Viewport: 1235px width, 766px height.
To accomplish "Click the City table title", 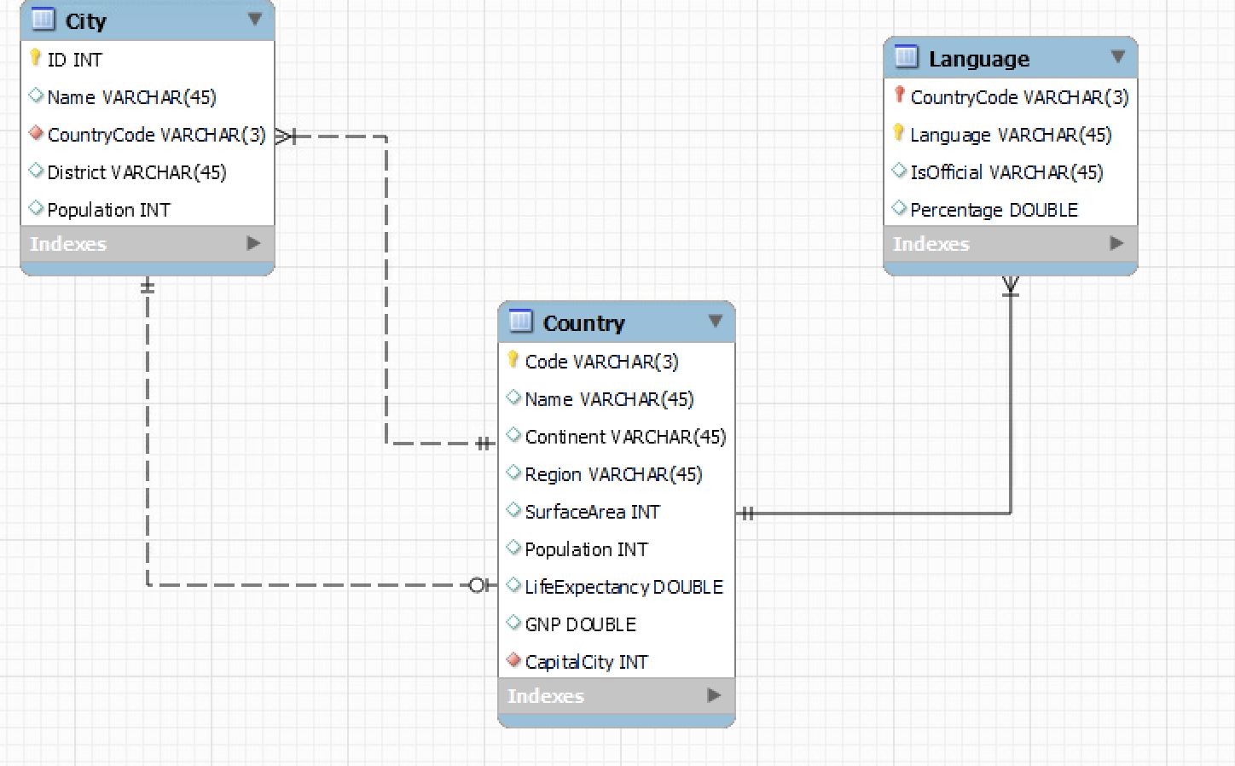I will coord(85,21).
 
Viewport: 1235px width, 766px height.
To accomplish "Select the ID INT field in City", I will coord(74,60).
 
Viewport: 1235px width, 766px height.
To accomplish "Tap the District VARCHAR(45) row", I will coord(136,172).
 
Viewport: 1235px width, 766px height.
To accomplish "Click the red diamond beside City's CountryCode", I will coord(36,133).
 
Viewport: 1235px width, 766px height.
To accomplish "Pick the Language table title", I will coord(978,59).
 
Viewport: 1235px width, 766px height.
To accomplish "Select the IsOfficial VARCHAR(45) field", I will coord(1006,172).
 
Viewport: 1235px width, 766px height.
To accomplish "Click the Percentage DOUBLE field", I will coord(994,210).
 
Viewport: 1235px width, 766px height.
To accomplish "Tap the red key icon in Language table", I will coord(899,95).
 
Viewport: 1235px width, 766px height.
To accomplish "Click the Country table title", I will coord(583,323).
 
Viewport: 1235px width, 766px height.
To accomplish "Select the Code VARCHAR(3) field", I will coord(601,362).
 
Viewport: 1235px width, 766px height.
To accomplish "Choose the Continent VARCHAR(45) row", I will coord(625,437).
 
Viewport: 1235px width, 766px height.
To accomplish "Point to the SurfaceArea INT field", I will coord(592,512).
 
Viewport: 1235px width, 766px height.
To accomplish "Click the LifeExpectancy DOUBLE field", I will coord(623,587).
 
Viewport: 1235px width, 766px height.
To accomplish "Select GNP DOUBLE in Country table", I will coord(580,624).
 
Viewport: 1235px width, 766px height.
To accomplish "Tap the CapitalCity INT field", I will coord(586,662).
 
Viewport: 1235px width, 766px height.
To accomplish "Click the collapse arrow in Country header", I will coord(715,321).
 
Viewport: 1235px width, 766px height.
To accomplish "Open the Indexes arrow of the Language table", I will coord(1116,243).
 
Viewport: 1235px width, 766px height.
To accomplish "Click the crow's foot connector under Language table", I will coord(1011,285).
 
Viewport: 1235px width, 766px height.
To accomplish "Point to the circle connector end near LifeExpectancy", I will coord(478,585).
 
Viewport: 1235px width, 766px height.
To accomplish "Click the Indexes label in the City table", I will coord(68,244).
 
